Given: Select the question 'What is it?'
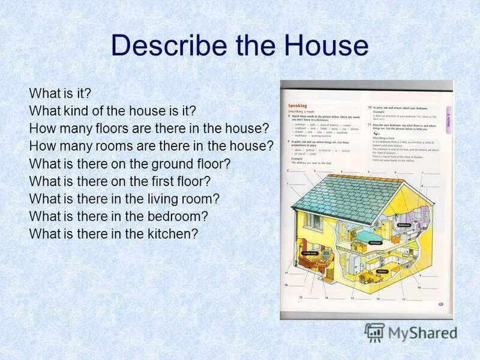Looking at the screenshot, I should pos(59,94).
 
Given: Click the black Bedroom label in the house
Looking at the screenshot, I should pos(376,242).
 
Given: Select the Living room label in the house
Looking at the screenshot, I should pos(310,254).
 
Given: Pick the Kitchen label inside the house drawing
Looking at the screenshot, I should pos(382,271).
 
